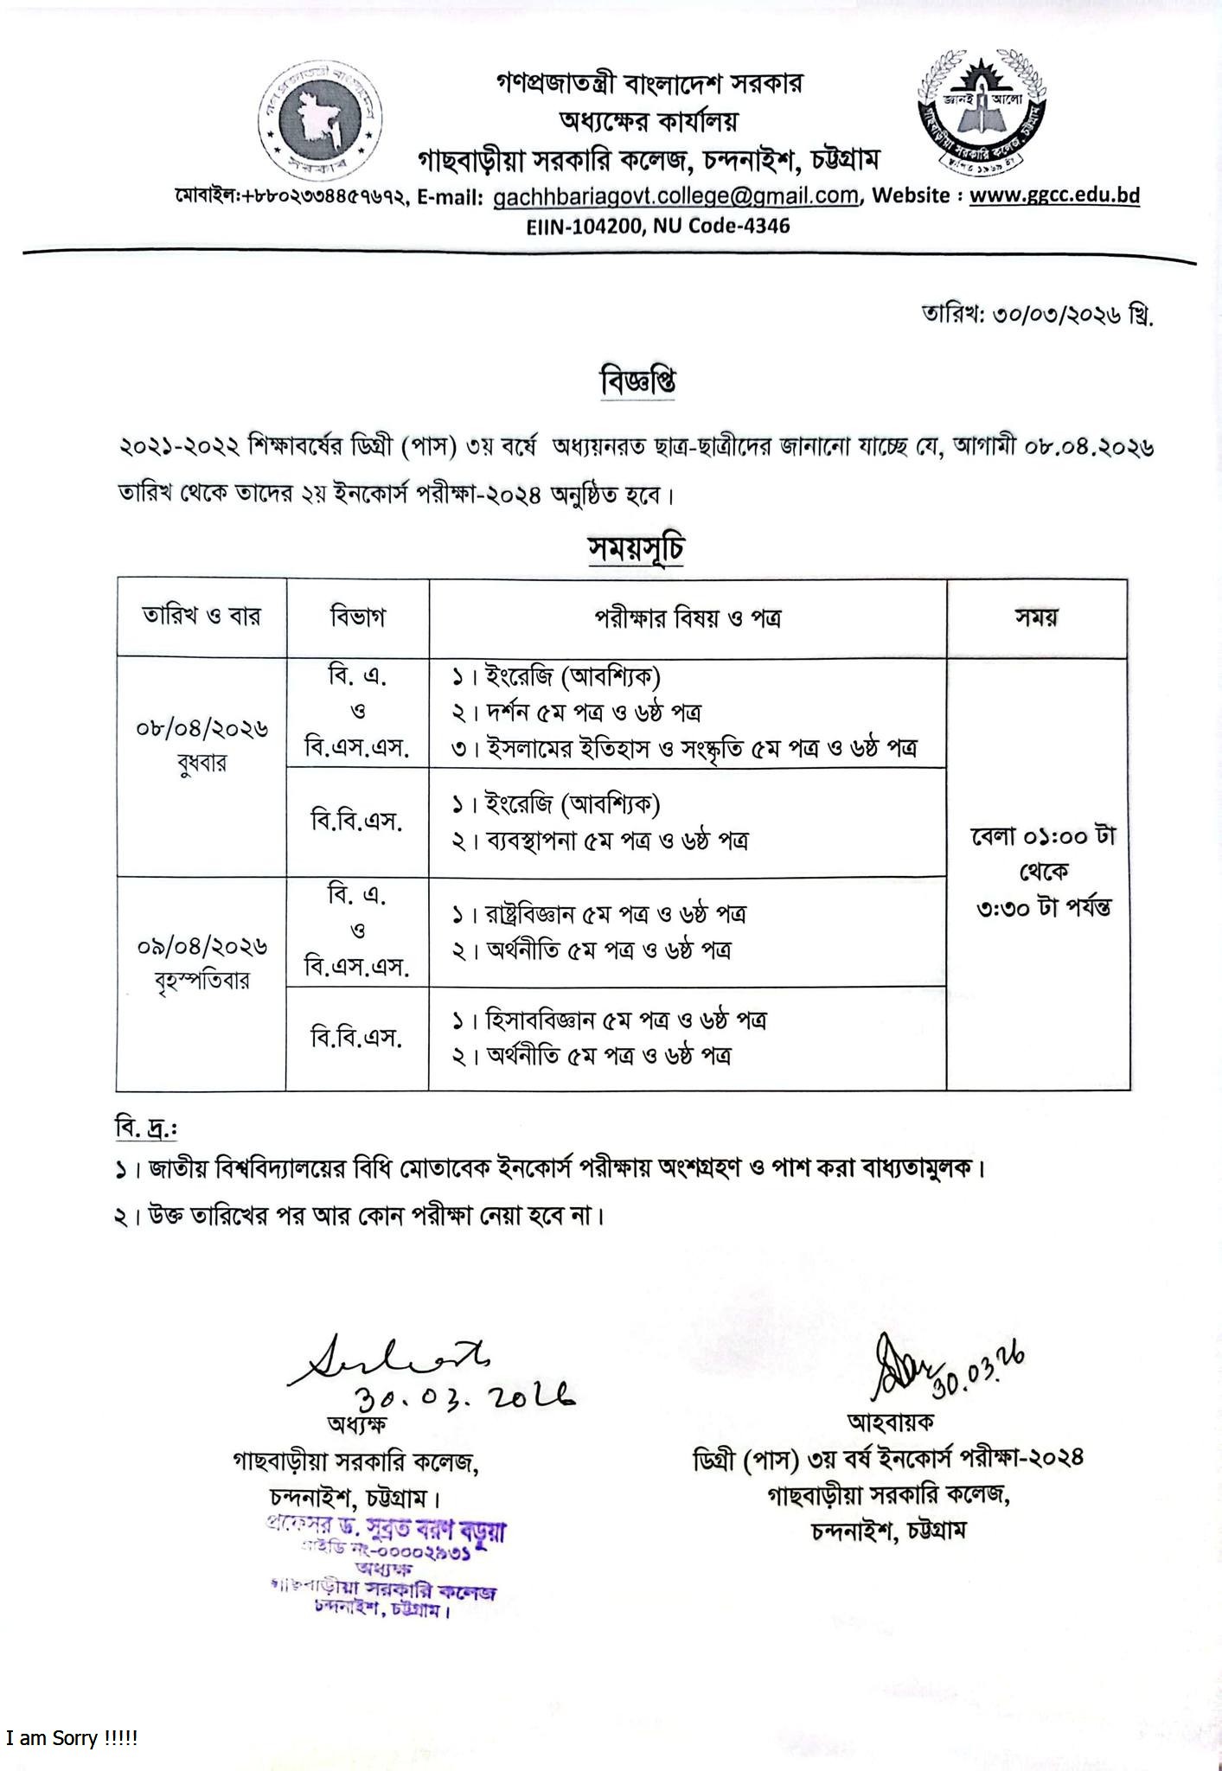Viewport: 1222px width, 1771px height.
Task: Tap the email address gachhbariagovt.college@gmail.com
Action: (x=675, y=196)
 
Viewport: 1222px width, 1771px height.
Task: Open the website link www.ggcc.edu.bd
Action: (x=1054, y=195)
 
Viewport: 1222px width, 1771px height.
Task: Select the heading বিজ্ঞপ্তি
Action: (x=638, y=381)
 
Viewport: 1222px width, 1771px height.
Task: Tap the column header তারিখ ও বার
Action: (x=202, y=617)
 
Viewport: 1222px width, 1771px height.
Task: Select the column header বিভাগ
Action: (x=357, y=617)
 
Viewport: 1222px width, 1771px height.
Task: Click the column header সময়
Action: (x=1037, y=617)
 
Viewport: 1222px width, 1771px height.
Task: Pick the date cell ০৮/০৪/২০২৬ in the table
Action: (x=202, y=729)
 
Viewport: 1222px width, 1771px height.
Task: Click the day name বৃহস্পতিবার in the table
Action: (x=202, y=981)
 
